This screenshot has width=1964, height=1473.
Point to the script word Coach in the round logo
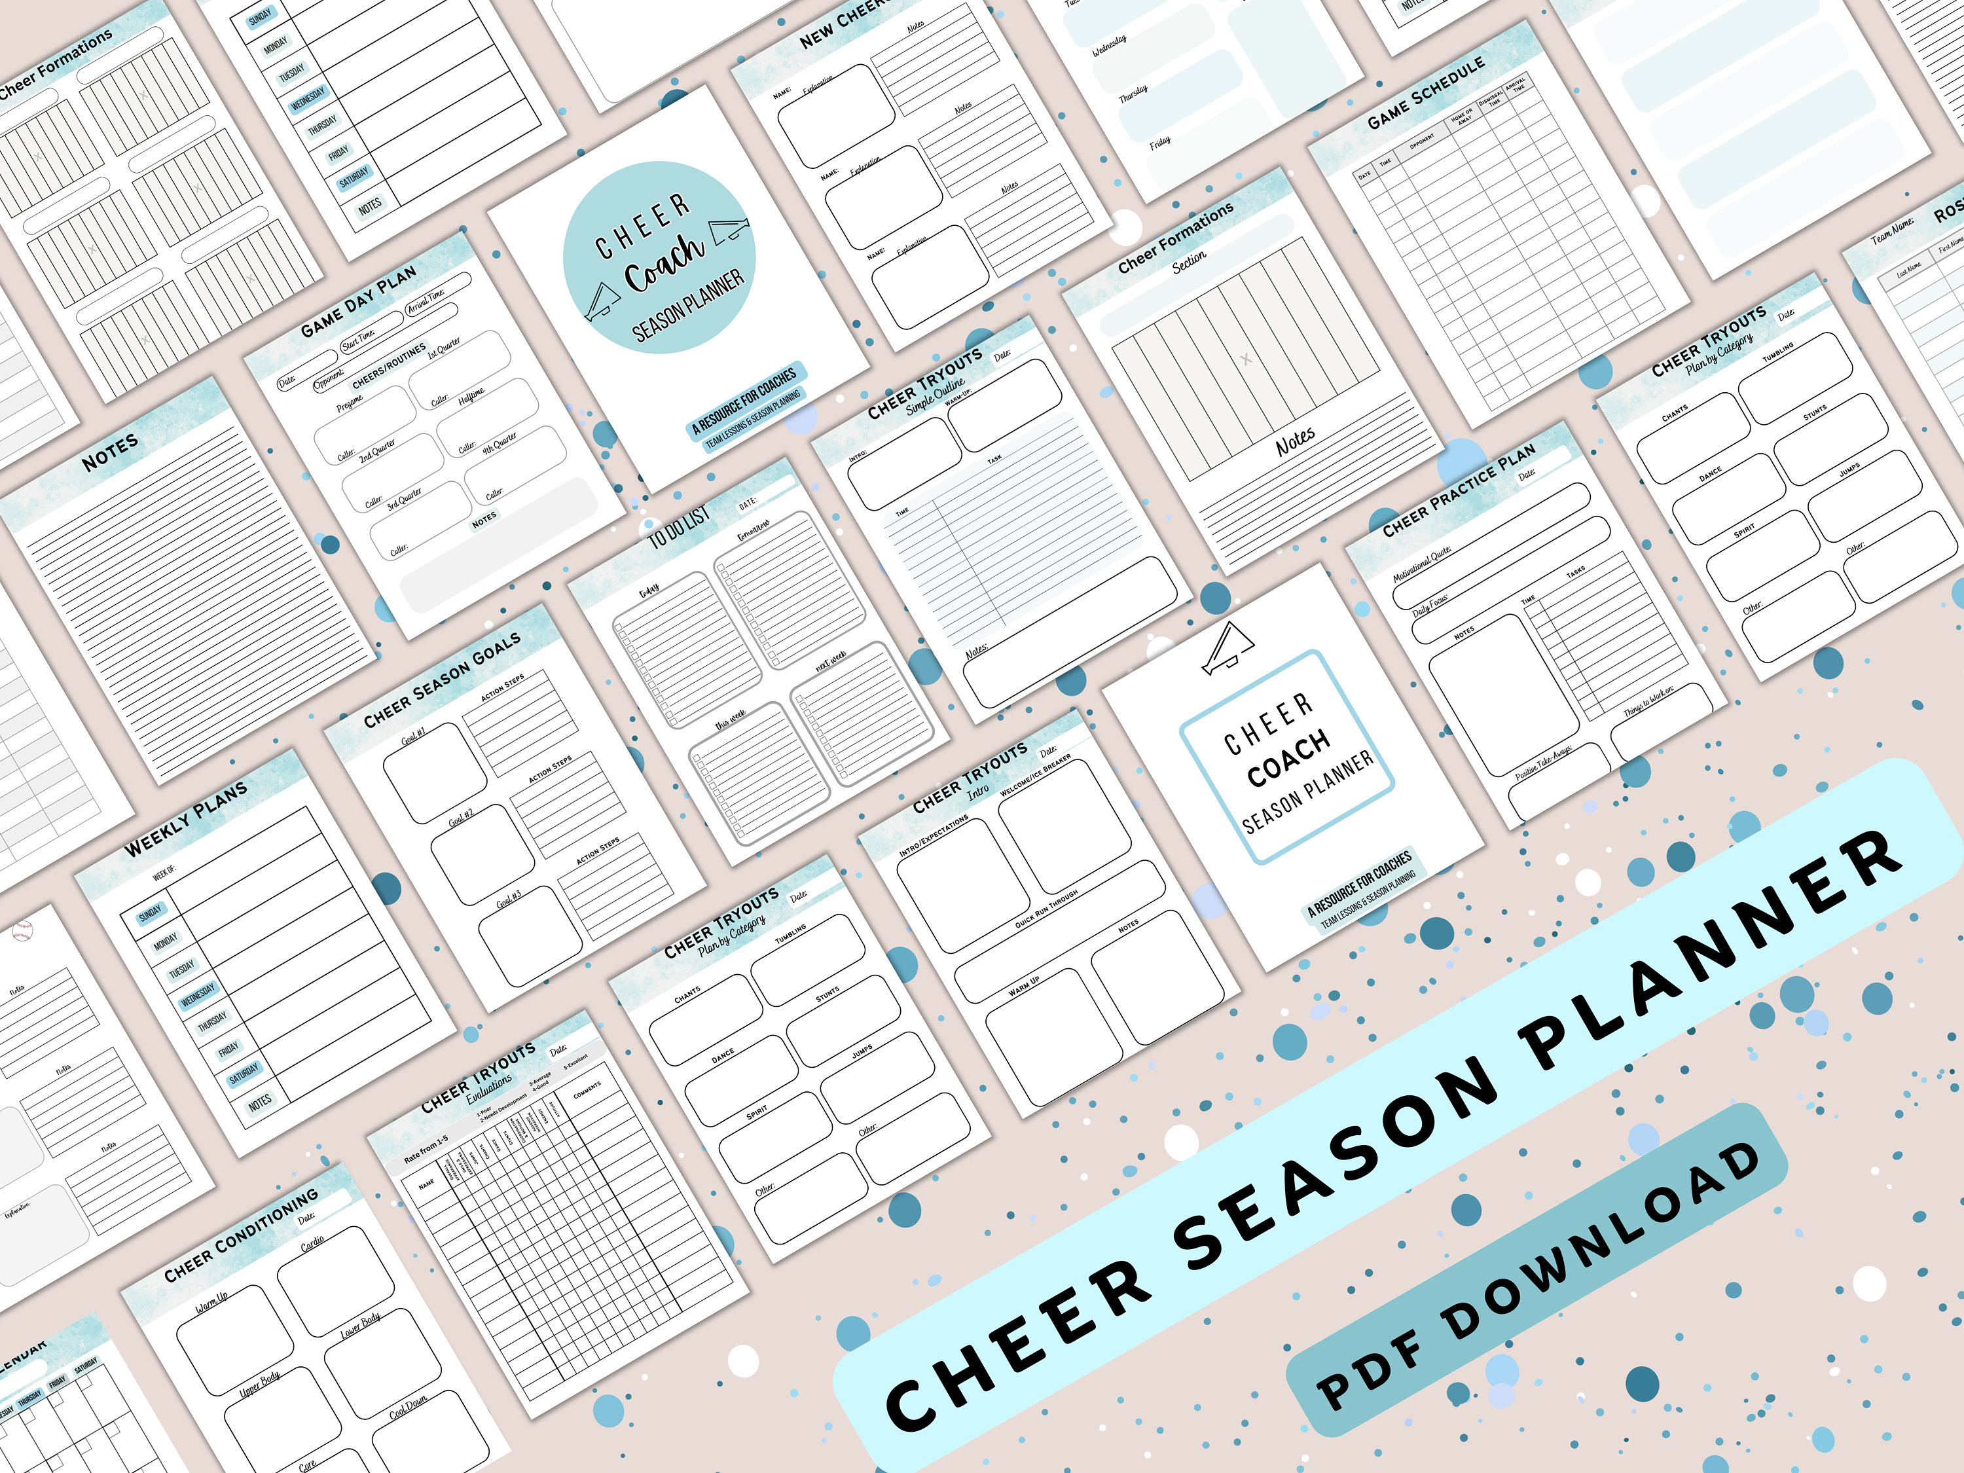click(x=664, y=262)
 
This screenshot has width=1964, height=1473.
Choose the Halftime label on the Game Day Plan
click(x=471, y=395)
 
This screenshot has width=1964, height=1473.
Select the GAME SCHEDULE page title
click(x=1426, y=92)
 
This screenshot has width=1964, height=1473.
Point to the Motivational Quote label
click(x=1421, y=564)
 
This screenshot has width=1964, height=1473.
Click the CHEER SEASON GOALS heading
click(x=442, y=681)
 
